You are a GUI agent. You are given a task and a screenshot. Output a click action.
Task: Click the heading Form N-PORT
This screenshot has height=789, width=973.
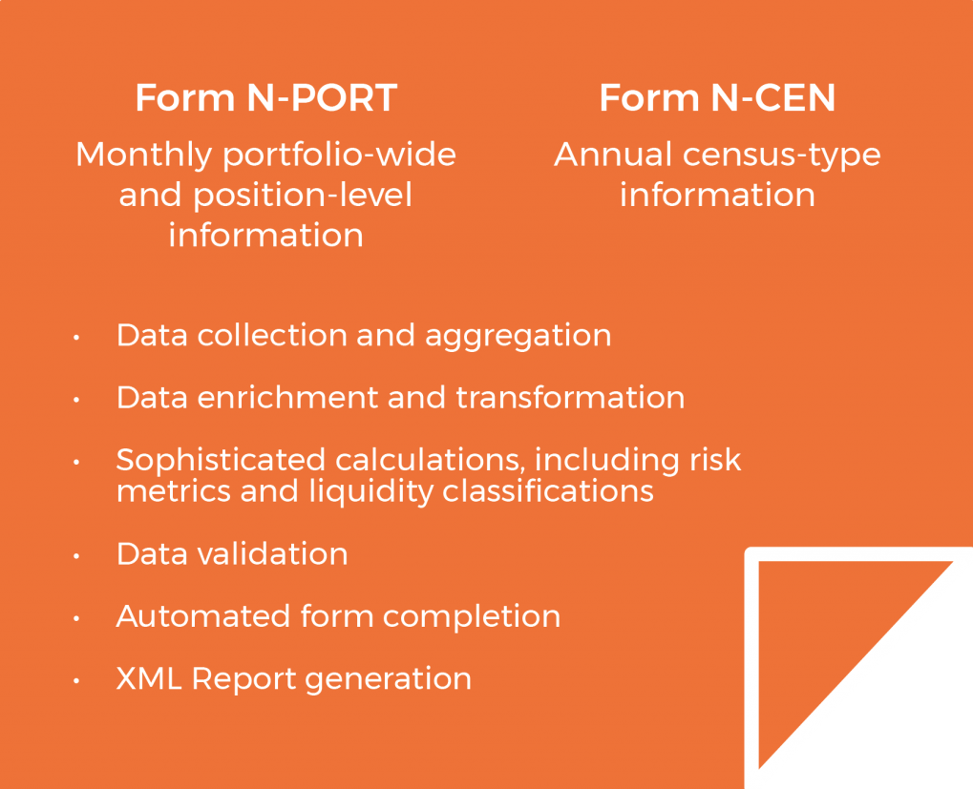[266, 97]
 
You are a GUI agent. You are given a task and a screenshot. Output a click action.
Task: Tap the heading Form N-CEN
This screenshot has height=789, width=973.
[717, 97]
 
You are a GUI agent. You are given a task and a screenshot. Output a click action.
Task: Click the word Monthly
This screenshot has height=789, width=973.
[144, 155]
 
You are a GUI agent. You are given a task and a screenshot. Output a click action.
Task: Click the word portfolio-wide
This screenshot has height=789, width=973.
[340, 155]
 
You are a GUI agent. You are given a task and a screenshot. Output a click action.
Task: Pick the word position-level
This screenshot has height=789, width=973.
[303, 196]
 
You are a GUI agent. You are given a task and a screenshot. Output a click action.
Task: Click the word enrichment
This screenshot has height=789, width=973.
[287, 397]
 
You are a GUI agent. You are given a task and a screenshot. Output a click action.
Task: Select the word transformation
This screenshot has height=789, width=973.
[570, 397]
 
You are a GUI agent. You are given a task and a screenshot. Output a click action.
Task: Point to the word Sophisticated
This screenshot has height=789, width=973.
[221, 461]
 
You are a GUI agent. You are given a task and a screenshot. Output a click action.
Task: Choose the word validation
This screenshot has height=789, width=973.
[272, 553]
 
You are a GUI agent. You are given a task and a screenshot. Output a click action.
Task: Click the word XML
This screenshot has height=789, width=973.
[149, 678]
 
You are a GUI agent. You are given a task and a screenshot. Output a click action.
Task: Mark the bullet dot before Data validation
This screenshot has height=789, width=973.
[76, 556]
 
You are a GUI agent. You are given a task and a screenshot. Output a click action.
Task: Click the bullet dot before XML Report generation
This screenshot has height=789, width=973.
[76, 680]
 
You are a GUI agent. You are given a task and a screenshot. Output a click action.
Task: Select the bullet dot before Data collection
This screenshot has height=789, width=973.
[76, 337]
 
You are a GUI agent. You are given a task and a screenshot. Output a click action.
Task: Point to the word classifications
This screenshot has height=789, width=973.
[548, 491]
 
